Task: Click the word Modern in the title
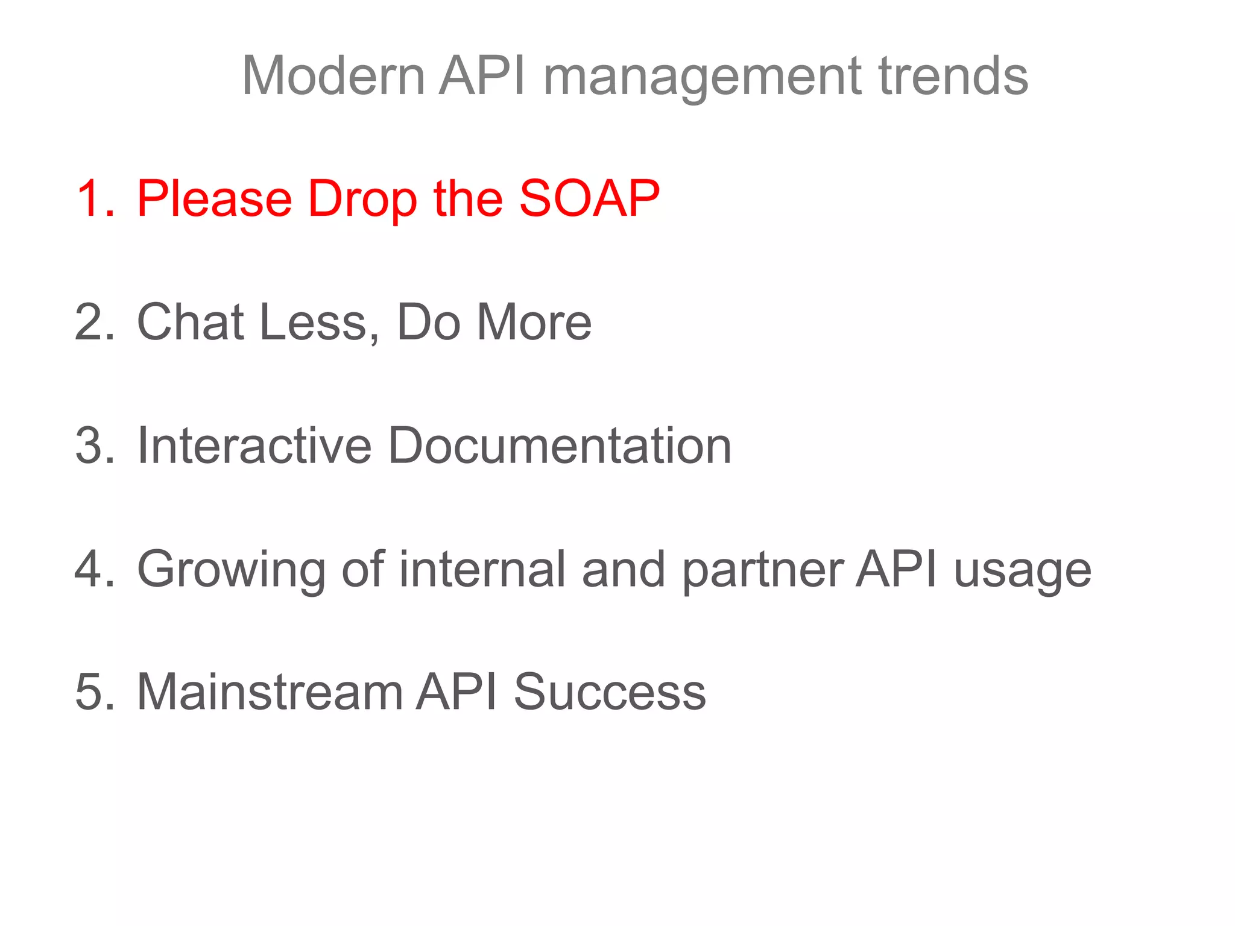click(x=333, y=76)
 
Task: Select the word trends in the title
click(x=953, y=76)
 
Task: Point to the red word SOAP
click(x=589, y=199)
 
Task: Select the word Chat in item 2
click(x=191, y=322)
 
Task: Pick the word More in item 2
click(x=534, y=322)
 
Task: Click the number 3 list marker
click(x=93, y=446)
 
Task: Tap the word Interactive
click(x=254, y=446)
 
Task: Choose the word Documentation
click(x=560, y=446)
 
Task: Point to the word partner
click(x=763, y=570)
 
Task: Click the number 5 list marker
click(x=93, y=692)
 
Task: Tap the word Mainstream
click(x=270, y=692)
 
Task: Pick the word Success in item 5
click(x=610, y=692)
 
